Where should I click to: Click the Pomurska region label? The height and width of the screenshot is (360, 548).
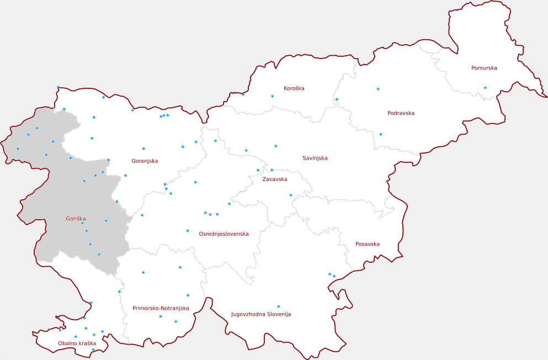(x=484, y=68)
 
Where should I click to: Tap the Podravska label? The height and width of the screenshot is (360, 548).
(x=401, y=113)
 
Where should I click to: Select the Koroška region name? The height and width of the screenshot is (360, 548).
(x=294, y=88)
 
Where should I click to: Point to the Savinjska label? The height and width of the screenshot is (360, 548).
(x=315, y=158)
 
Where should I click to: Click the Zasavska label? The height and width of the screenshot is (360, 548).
(x=274, y=179)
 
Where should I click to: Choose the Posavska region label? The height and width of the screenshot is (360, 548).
(x=368, y=244)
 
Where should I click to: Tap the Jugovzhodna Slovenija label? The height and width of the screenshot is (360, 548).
(x=260, y=314)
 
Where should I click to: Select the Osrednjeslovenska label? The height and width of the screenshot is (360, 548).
(x=224, y=234)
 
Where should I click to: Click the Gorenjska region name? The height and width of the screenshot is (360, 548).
(x=145, y=161)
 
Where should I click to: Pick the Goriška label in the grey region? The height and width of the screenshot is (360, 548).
(x=76, y=219)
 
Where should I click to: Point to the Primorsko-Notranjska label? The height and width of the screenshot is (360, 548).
(x=161, y=308)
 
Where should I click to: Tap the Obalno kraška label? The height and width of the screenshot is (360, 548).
(x=77, y=343)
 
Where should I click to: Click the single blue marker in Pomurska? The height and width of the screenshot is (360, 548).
(x=485, y=88)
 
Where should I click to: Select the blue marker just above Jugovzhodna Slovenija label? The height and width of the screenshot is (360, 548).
(x=278, y=306)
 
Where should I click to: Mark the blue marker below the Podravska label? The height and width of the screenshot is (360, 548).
(x=380, y=134)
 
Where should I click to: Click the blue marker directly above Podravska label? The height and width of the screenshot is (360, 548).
(x=378, y=89)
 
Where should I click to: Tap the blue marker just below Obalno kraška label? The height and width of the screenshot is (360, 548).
(x=93, y=350)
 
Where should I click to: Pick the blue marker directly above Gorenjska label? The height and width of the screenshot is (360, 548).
(x=143, y=149)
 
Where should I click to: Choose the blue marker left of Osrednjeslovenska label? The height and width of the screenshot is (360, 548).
(x=188, y=231)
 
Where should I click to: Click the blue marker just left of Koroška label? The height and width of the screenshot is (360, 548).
(x=272, y=96)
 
